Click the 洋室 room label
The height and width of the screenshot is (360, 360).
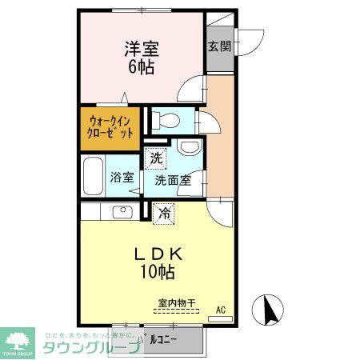(141, 48)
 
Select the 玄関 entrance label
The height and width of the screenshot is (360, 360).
(219, 46)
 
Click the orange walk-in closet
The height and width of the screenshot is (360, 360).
(111, 128)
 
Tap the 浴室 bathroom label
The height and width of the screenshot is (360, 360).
(122, 178)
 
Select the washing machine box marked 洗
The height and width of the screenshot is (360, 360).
(156, 158)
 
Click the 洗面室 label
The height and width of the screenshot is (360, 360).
(173, 180)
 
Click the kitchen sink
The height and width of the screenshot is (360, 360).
(122, 212)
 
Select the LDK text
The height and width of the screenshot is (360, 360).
(158, 254)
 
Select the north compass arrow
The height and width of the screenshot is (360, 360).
(269, 309)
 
